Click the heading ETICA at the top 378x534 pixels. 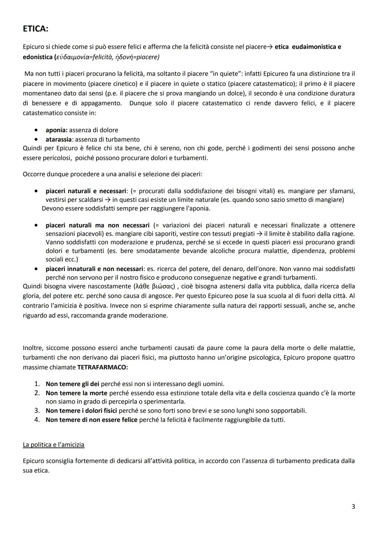click(x=35, y=29)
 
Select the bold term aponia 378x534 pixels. click(x=56, y=130)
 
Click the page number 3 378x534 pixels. click(x=353, y=506)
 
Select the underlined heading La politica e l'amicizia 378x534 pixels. click(x=54, y=444)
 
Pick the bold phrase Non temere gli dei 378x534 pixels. click(x=72, y=384)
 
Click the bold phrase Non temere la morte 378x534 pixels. click(x=75, y=393)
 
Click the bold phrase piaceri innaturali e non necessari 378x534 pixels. click(x=94, y=269)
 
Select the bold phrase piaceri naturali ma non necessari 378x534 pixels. click(x=97, y=225)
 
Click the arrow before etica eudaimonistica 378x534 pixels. click(x=270, y=47)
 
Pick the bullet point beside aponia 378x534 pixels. click(x=36, y=130)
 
